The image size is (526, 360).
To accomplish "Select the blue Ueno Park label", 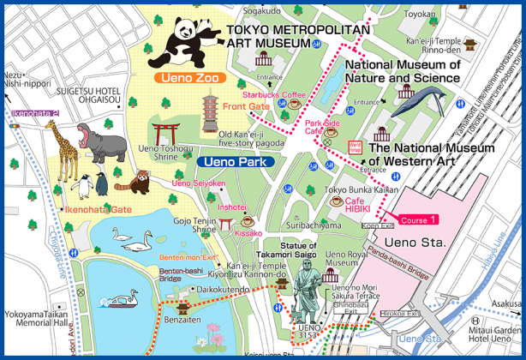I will tap(235, 161).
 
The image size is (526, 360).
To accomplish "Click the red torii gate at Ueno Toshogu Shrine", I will tap(164, 134).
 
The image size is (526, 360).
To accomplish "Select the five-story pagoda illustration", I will tap(210, 111).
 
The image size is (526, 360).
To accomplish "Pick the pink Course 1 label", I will tap(420, 219).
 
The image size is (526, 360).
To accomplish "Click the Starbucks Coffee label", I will tap(273, 94).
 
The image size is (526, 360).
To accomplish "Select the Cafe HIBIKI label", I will tap(357, 207).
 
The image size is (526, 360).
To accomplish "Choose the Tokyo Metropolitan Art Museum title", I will tap(298, 36).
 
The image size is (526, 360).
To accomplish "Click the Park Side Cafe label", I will tap(322, 128).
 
